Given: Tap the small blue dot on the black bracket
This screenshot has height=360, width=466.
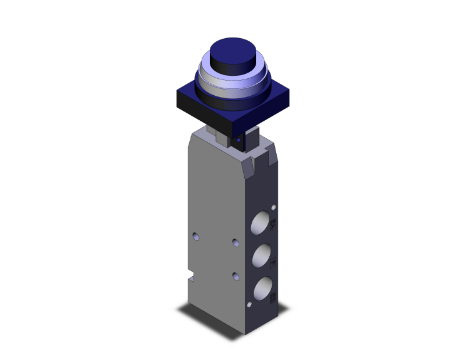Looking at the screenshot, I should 238,141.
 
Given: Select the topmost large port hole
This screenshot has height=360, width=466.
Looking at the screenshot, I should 261,224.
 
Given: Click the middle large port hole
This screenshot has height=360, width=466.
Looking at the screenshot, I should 261,255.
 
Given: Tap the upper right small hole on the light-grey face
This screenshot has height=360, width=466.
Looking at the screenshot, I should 235,242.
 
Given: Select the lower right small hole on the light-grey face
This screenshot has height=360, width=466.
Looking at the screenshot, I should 235,275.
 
